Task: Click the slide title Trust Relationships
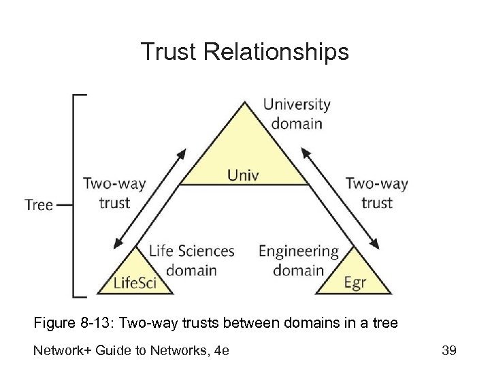[x=244, y=52]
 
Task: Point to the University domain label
[x=296, y=114]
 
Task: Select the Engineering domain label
[x=298, y=260]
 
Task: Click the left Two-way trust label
[x=114, y=193]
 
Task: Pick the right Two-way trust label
[x=376, y=193]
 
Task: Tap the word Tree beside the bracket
[x=39, y=204]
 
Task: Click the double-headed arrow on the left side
[x=150, y=198]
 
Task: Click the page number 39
[x=448, y=350]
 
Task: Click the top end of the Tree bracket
[x=80, y=95]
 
